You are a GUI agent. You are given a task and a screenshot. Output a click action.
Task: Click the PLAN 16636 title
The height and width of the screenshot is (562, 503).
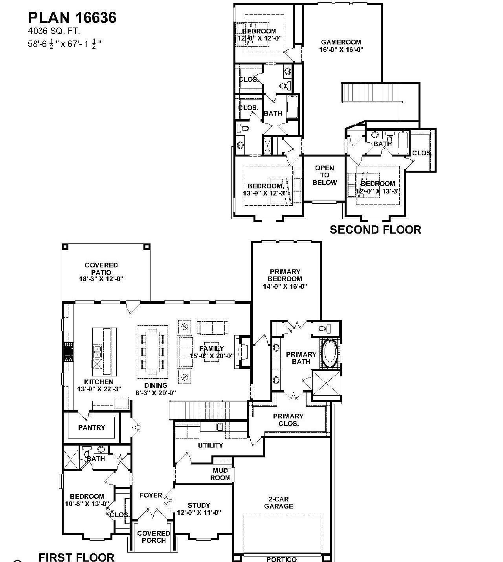[72, 18]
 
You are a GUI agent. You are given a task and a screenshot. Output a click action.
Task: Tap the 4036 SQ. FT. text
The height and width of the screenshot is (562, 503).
[53, 31]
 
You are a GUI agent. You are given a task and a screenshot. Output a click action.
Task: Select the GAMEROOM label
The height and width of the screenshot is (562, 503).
[341, 42]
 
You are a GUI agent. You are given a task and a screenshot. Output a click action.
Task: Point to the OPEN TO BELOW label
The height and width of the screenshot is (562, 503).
[325, 175]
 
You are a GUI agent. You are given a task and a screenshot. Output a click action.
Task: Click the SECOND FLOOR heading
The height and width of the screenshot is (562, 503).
[375, 230]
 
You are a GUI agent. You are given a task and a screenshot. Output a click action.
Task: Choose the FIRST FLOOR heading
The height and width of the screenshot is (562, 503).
[77, 556]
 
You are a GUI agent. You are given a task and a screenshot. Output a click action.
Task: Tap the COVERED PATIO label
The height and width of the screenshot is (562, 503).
[101, 269]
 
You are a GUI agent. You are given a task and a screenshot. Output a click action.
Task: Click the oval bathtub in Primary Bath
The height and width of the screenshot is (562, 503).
[329, 353]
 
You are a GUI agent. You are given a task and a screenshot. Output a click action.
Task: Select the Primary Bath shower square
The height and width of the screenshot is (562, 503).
[326, 383]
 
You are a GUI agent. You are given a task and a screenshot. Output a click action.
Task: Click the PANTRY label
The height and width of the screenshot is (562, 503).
[92, 427]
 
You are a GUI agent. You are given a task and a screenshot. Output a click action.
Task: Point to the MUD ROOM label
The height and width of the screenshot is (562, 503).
[220, 474]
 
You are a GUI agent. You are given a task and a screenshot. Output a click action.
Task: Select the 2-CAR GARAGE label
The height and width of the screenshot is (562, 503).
[278, 503]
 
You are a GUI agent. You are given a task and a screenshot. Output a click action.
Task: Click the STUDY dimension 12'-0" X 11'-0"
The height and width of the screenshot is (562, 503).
[199, 512]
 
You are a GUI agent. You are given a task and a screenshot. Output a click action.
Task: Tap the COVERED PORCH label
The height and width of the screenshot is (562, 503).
[153, 537]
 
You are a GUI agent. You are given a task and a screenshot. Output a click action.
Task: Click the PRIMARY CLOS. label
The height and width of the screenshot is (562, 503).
[288, 420]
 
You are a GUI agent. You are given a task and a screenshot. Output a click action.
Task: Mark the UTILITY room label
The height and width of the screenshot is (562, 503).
[210, 445]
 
